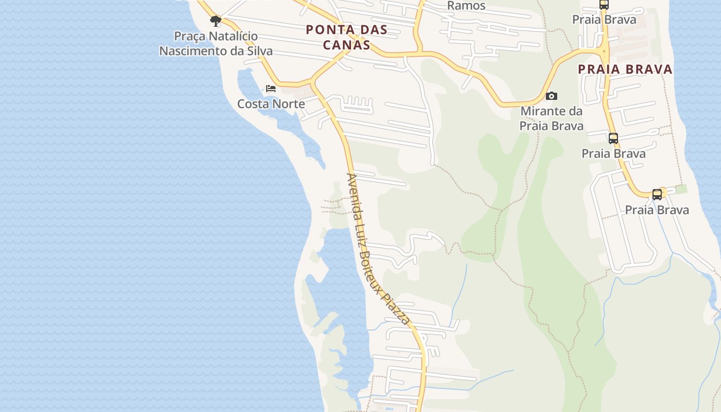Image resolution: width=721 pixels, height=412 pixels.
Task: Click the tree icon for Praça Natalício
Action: [216, 21]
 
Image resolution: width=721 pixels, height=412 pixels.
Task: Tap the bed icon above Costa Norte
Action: [271, 89]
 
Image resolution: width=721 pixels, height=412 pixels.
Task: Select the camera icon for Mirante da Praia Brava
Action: [551, 96]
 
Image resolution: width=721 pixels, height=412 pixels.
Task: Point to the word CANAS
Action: [347, 45]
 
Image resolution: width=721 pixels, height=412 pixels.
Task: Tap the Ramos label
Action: [466, 6]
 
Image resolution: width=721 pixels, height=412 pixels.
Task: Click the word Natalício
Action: [232, 37]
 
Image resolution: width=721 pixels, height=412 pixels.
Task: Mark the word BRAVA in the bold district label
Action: [648, 70]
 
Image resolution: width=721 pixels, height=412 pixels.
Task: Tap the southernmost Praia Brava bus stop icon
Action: [657, 195]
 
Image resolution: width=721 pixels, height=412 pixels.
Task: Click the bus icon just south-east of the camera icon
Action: [613, 139]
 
